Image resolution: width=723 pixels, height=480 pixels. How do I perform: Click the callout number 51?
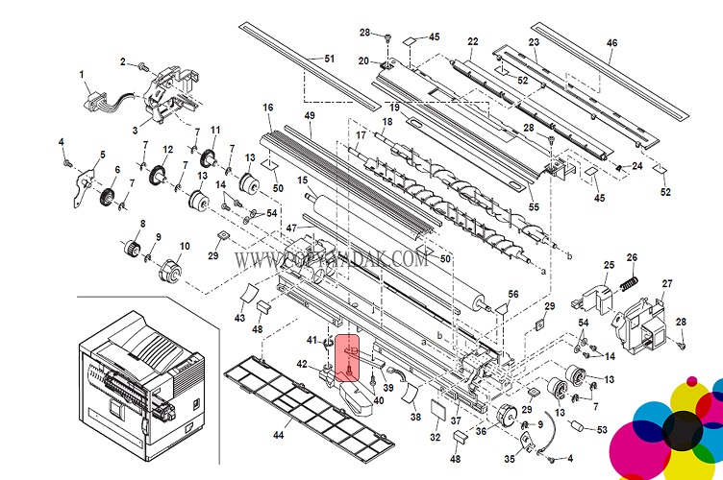pos(329,59)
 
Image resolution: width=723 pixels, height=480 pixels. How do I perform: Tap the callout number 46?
pos(612,41)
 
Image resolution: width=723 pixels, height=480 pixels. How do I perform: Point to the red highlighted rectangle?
pos(350,359)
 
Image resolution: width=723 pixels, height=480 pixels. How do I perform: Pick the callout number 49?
pos(310,116)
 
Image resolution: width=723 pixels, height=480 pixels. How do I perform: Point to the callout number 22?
pos(473,41)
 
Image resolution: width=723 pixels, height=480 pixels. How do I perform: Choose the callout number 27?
pos(667,283)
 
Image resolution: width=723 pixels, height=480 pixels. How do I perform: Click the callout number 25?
pos(609,265)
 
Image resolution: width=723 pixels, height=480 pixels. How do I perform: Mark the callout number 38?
pos(415,418)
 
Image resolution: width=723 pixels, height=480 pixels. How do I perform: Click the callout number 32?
pos(435,437)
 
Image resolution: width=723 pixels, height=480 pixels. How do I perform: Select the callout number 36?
pos(481,432)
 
